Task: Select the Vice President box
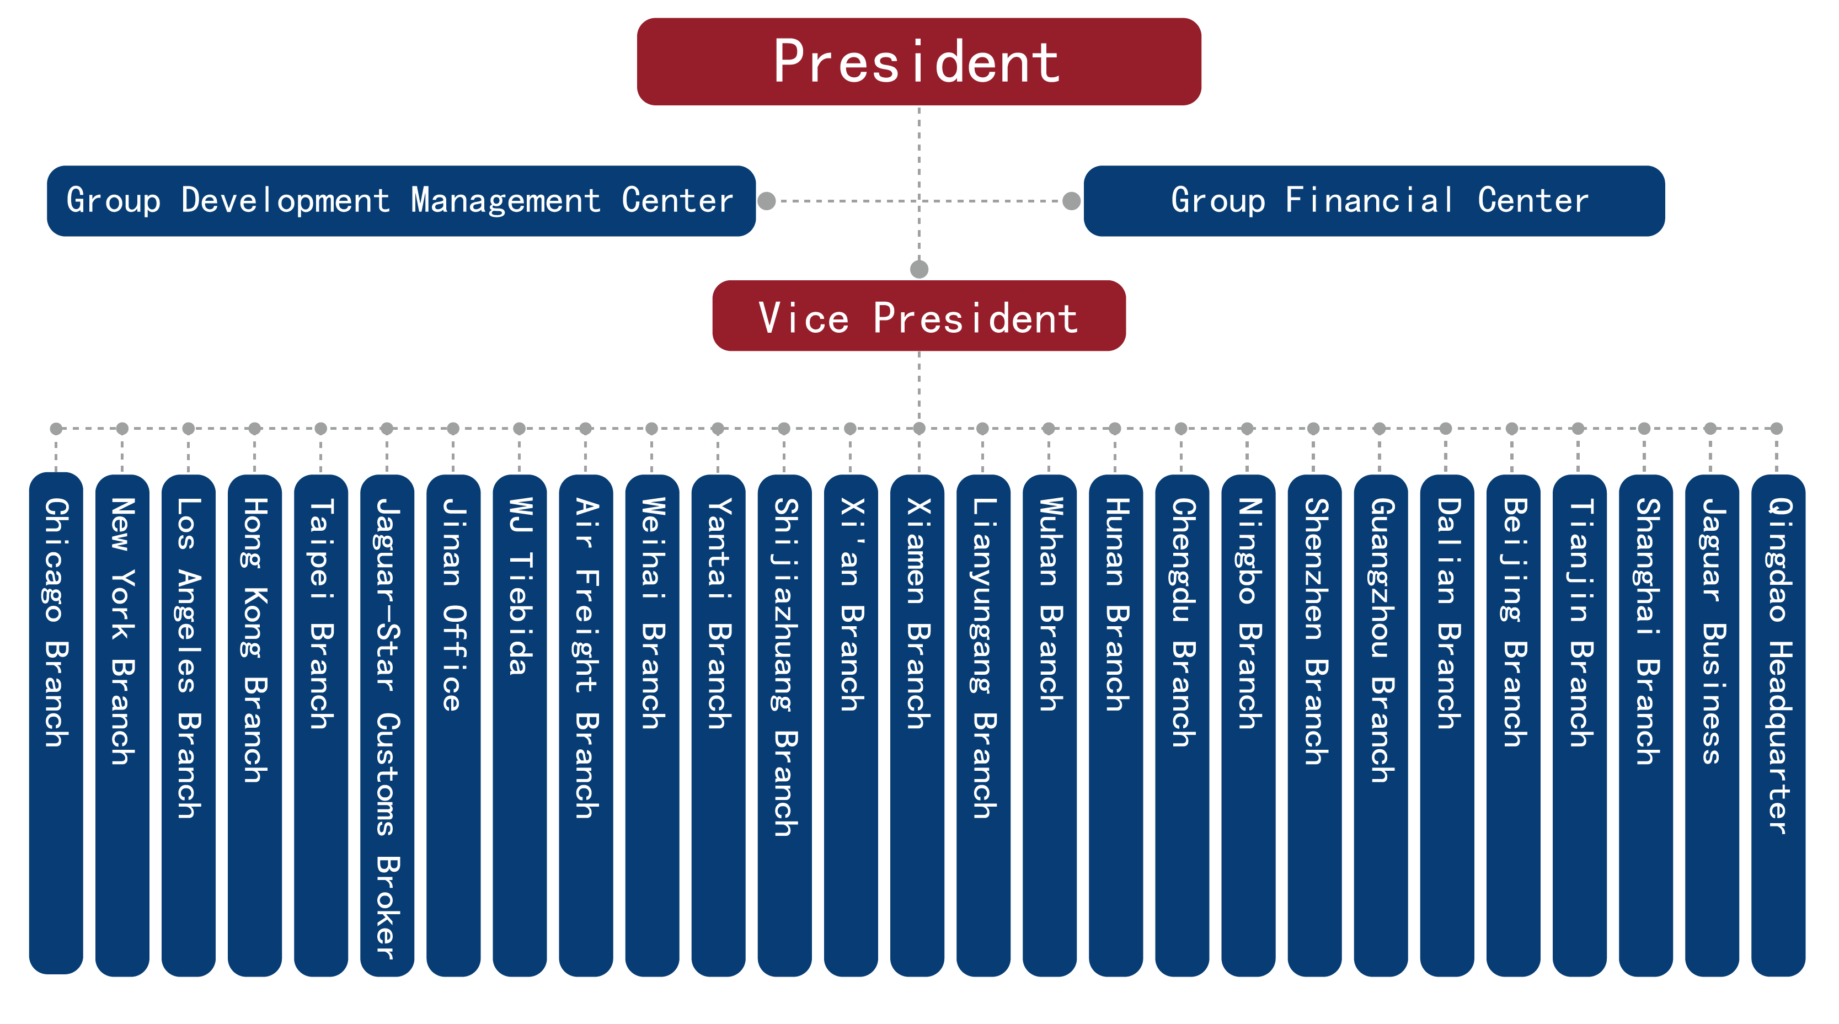coord(919,316)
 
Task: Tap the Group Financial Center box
coord(1373,201)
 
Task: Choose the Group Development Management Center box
coord(401,201)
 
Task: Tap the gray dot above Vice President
coord(919,269)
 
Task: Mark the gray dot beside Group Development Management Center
coord(767,201)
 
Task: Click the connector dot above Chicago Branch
coord(56,429)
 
